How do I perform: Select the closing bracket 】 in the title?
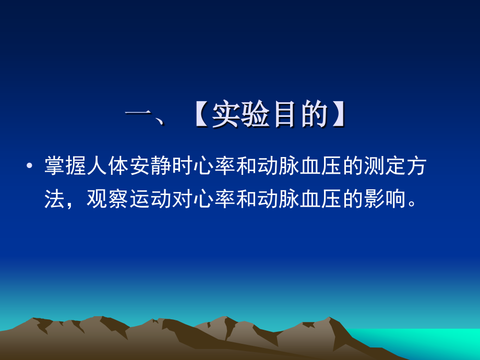click(339, 114)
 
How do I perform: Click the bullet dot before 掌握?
click(29, 166)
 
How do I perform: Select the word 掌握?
click(66, 165)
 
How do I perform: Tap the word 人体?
click(108, 165)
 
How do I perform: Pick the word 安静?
click(151, 165)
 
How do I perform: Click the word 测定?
click(385, 165)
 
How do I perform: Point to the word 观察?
click(108, 199)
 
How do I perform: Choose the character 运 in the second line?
click(140, 199)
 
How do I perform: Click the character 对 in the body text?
click(183, 199)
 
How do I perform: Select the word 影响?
click(385, 199)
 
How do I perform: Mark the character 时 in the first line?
click(183, 165)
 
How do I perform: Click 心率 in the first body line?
click(214, 165)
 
